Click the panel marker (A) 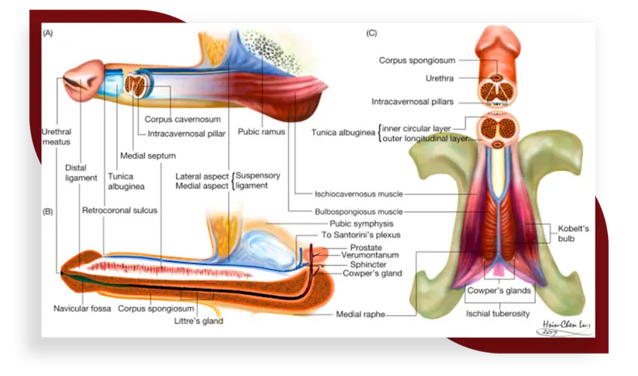48,34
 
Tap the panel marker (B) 48,212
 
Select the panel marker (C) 372,34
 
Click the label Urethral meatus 56,137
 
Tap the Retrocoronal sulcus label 119,210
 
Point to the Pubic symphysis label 362,224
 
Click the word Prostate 366,247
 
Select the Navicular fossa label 82,308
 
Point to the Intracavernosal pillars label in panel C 413,101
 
